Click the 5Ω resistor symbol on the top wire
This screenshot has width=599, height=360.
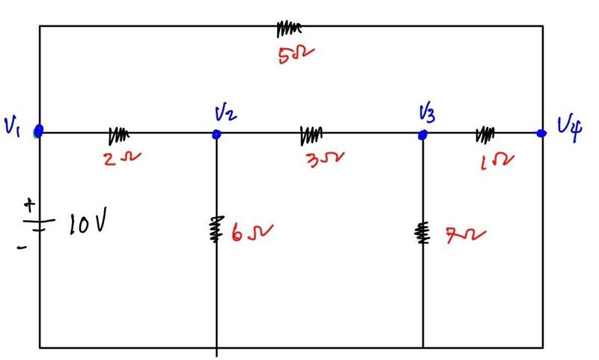point(288,28)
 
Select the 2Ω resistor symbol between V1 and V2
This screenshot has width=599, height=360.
point(118,135)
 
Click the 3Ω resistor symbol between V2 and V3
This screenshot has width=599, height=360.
point(311,135)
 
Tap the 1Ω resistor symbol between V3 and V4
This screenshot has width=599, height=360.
point(485,135)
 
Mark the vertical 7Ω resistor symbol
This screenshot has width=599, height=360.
point(423,233)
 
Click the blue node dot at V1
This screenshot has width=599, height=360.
point(39,131)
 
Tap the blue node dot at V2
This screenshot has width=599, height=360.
point(216,134)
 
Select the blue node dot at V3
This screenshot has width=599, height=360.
point(422,135)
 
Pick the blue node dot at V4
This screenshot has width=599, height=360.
point(541,133)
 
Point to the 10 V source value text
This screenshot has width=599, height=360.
point(88,223)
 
